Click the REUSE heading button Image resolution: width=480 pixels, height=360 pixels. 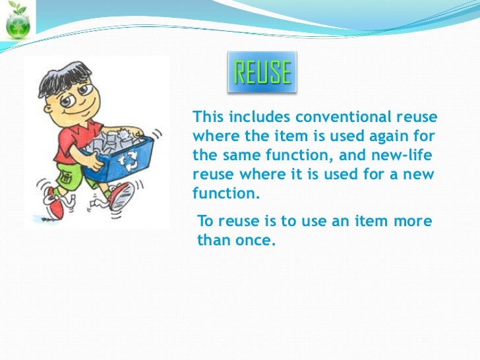tap(262, 72)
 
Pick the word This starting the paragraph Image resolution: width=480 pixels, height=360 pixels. tap(206, 118)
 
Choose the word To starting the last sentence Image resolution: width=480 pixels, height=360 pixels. tap(205, 222)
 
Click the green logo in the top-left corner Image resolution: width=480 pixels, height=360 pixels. tap(17, 20)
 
